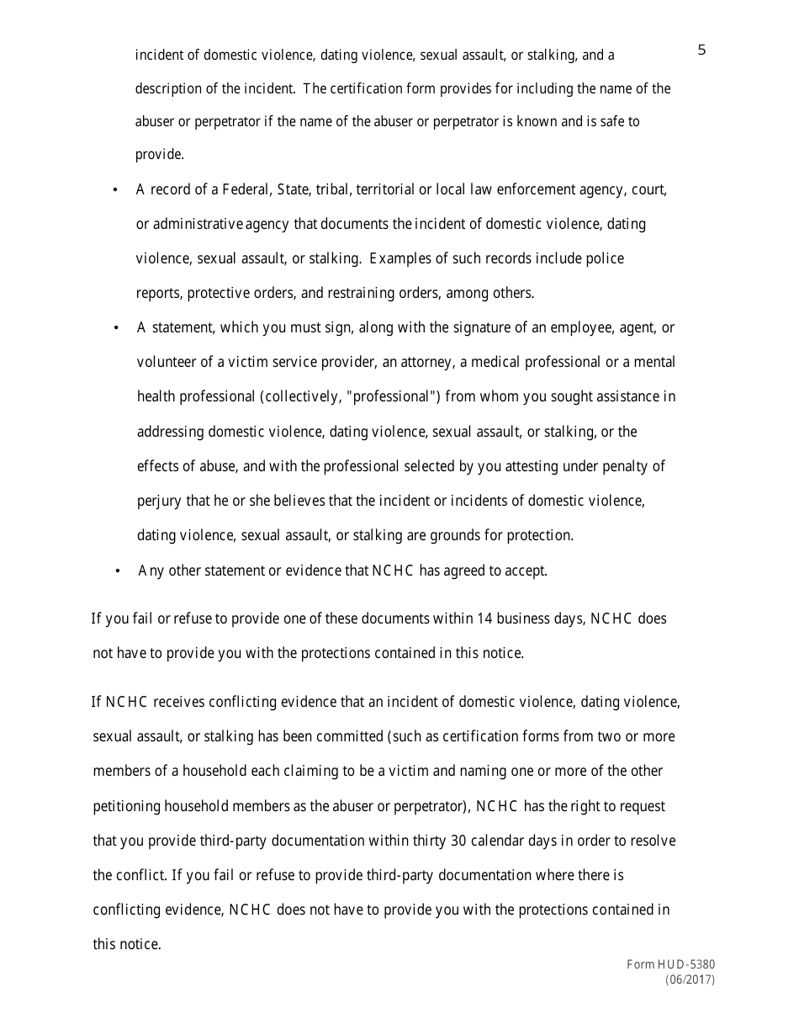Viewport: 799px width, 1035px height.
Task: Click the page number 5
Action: [702, 50]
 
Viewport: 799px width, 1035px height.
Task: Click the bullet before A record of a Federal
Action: [115, 191]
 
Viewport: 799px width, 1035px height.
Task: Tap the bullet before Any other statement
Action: [118, 571]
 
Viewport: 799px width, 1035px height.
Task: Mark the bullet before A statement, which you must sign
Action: [116, 328]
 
